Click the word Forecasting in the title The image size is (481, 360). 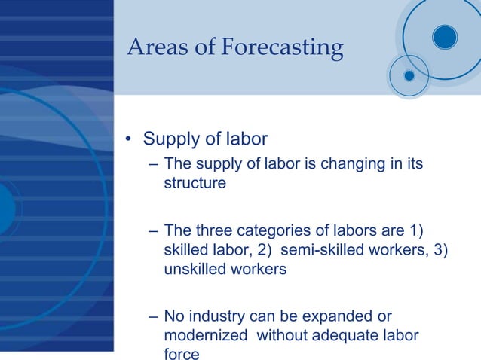coord(282,48)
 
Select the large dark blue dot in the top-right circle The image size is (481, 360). coord(445,36)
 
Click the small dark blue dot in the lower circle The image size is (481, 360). coord(409,75)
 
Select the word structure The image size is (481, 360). coord(195,183)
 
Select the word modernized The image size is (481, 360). coord(206,335)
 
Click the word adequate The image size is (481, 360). coord(342,335)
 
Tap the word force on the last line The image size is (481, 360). coord(182,354)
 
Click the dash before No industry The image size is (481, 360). coord(153,316)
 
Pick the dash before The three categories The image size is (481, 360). coord(153,230)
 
